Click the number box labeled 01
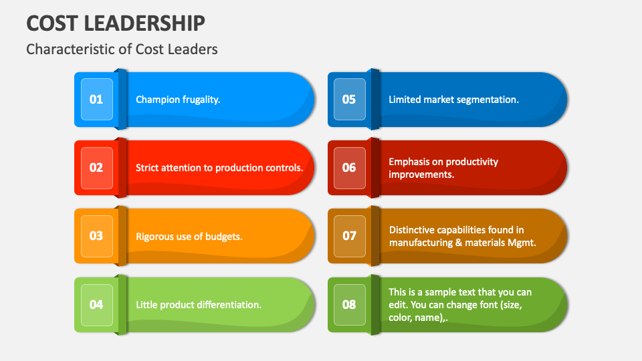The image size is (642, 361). pos(96,100)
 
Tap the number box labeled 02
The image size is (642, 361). pos(96,168)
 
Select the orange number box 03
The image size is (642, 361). pos(96,236)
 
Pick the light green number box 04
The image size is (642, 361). pos(96,305)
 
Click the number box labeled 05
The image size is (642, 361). pos(349,100)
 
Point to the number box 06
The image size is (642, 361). pos(349,168)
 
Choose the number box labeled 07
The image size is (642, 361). pos(349,236)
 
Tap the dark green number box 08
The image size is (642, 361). pos(349,305)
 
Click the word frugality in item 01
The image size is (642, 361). pos(201,100)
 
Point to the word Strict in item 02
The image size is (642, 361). pos(148,168)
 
